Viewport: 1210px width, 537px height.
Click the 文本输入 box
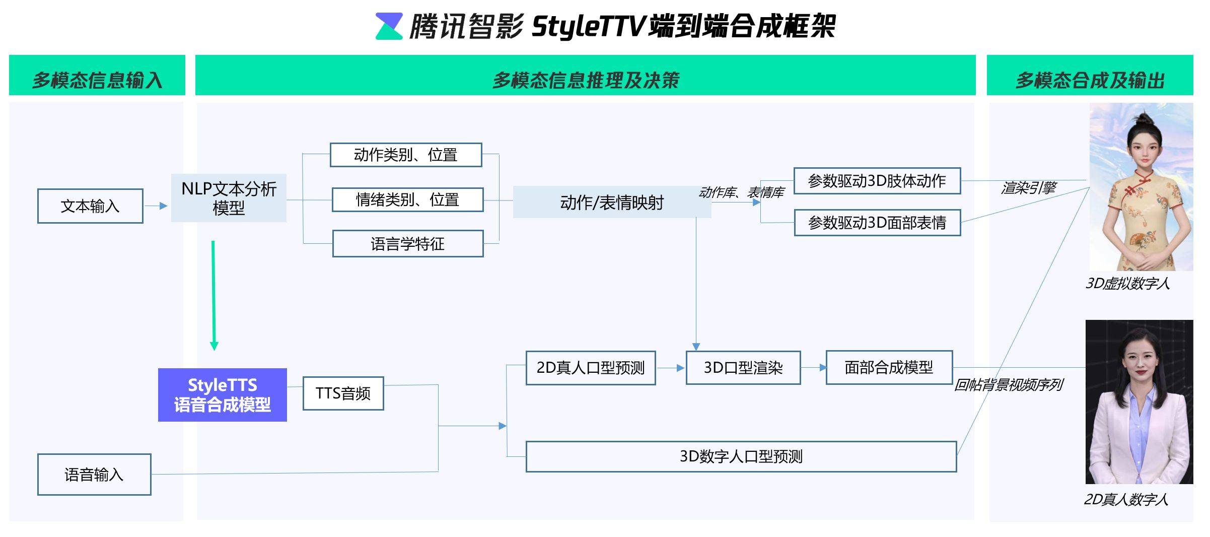(90, 206)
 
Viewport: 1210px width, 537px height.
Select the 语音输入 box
(94, 475)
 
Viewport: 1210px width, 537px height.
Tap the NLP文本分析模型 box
(229, 198)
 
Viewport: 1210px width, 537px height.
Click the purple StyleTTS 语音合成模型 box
(222, 395)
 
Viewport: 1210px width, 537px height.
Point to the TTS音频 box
(343, 393)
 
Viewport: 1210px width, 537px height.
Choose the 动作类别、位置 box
(406, 155)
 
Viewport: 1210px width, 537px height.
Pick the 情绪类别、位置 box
(407, 200)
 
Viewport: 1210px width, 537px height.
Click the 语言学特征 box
(408, 244)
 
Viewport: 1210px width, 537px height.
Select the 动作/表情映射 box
(612, 203)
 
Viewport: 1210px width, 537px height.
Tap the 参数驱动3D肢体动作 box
(877, 181)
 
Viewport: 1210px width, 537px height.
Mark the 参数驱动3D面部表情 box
(877, 223)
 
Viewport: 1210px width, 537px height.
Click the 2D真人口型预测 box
(591, 368)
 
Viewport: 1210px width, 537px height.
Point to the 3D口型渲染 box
(743, 368)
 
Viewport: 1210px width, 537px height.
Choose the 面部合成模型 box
(889, 367)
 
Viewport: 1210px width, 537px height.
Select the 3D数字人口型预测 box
(741, 456)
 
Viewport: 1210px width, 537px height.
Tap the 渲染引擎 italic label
(1028, 188)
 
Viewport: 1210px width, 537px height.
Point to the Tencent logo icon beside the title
(389, 26)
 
